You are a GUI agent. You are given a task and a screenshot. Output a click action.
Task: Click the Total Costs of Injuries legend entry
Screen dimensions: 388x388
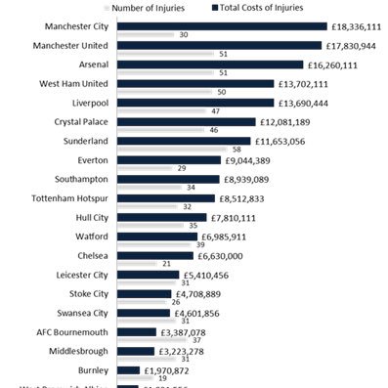pos(261,8)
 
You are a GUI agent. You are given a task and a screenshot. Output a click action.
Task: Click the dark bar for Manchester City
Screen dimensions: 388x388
pos(221,26)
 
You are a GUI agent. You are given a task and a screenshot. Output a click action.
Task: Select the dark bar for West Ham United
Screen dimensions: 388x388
pos(195,83)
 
